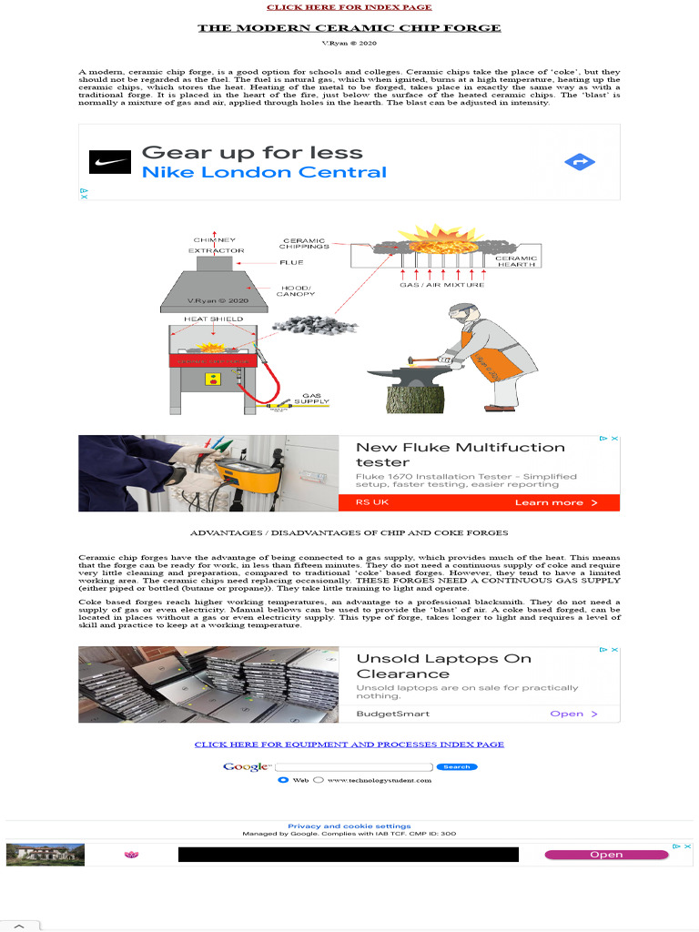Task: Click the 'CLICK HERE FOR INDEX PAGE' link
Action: (349, 7)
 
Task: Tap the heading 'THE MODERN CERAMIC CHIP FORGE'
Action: (349, 28)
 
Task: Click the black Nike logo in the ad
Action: (109, 162)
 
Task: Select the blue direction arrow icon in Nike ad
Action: (579, 162)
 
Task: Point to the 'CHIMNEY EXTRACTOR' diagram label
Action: (216, 245)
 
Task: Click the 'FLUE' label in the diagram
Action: (291, 262)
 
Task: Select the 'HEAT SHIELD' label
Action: (214, 319)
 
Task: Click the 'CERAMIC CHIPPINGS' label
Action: (304, 244)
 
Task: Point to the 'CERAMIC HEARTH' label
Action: (516, 261)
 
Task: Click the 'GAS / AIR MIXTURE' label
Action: (442, 285)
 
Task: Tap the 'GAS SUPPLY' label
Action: (311, 398)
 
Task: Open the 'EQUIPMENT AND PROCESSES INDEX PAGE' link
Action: (349, 745)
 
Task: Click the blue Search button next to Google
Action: (456, 767)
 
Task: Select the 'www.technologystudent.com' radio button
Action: (319, 780)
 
